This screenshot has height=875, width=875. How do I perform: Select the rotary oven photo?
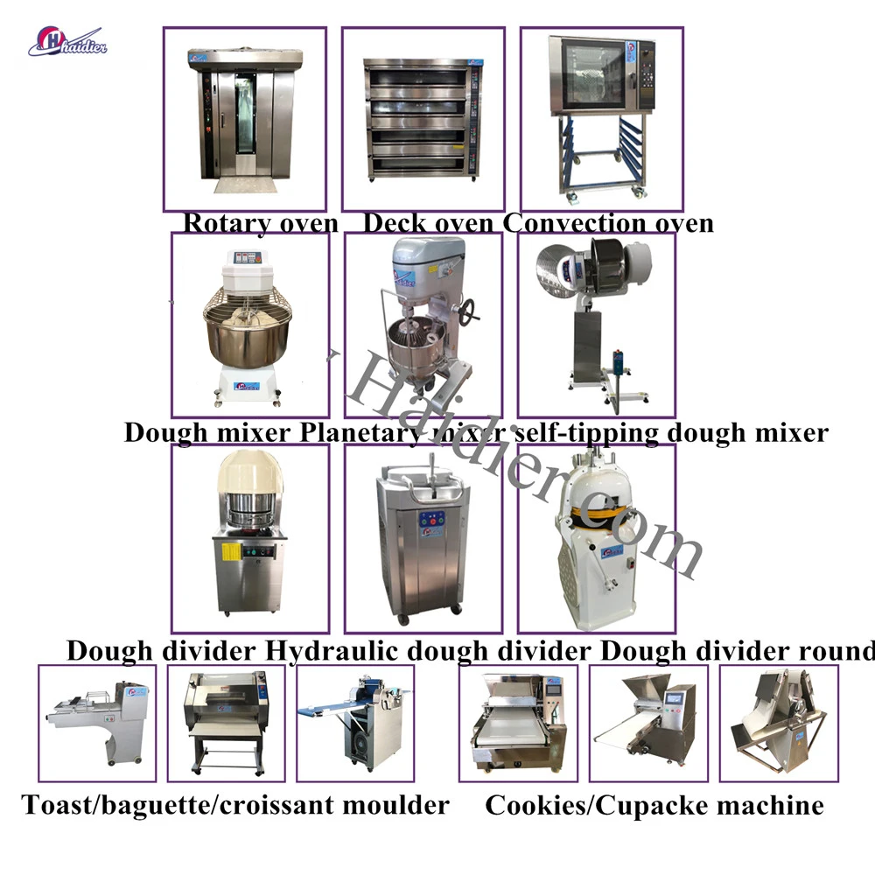pyautogui.click(x=244, y=119)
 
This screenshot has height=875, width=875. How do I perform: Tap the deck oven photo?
pyautogui.click(x=423, y=119)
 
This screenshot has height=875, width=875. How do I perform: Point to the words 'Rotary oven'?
pyautogui.click(x=260, y=223)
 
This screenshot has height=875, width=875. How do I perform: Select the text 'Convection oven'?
pyautogui.click(x=608, y=223)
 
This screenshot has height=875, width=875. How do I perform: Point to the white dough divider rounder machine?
pyautogui.click(x=596, y=538)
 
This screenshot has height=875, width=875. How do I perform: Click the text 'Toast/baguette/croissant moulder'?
pyautogui.click(x=235, y=804)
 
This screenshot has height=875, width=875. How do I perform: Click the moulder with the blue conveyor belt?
pyautogui.click(x=354, y=723)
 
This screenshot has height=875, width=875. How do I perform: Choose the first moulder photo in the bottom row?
pyautogui.click(x=97, y=723)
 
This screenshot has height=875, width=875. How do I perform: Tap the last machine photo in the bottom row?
pyautogui.click(x=778, y=723)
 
